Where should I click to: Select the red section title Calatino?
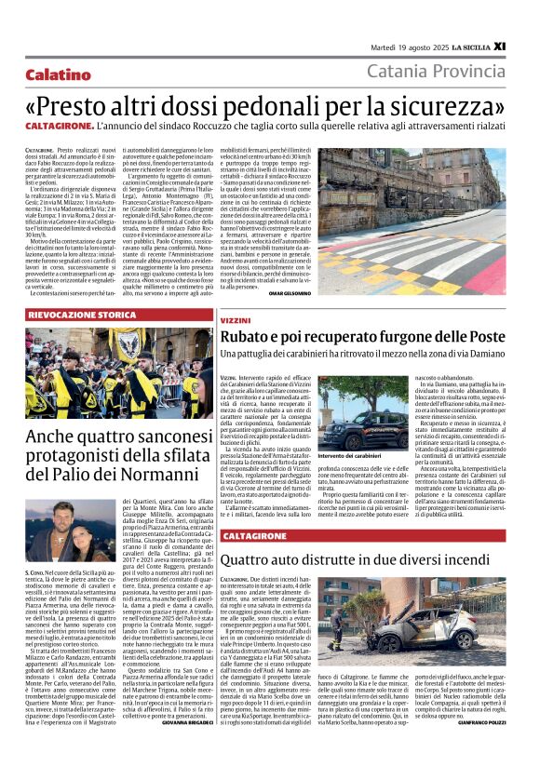pyautogui.click(x=59, y=74)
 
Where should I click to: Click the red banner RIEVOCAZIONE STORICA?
pyautogui.click(x=82, y=316)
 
